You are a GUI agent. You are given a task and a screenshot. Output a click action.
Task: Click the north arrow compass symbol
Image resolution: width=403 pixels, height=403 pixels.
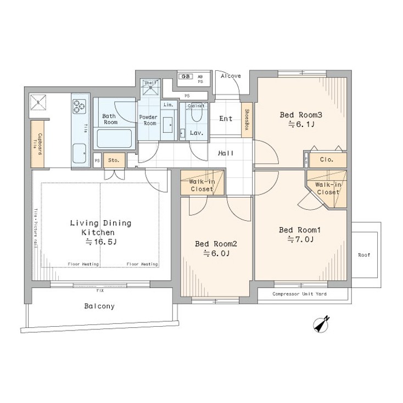[x=322, y=324]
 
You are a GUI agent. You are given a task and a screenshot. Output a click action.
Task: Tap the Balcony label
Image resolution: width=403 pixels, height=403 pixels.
[x=99, y=306]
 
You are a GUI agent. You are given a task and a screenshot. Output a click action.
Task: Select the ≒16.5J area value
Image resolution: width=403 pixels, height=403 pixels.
[x=100, y=242]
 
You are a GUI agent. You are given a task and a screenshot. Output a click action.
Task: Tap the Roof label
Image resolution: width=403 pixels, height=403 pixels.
[x=363, y=255]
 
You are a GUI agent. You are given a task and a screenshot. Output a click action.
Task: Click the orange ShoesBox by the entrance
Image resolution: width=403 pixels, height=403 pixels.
[x=247, y=119]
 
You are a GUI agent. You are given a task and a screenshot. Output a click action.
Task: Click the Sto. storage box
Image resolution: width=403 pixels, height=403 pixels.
[x=114, y=160]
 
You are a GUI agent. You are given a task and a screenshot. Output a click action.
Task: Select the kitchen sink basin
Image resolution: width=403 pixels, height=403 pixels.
[x=79, y=150]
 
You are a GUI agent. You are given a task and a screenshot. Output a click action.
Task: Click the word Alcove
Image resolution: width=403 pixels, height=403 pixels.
[x=231, y=76]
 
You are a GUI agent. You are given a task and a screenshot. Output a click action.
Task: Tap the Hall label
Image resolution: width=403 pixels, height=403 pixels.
[x=225, y=154]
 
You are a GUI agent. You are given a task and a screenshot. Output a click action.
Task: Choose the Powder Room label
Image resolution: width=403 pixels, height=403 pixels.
[x=148, y=120]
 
